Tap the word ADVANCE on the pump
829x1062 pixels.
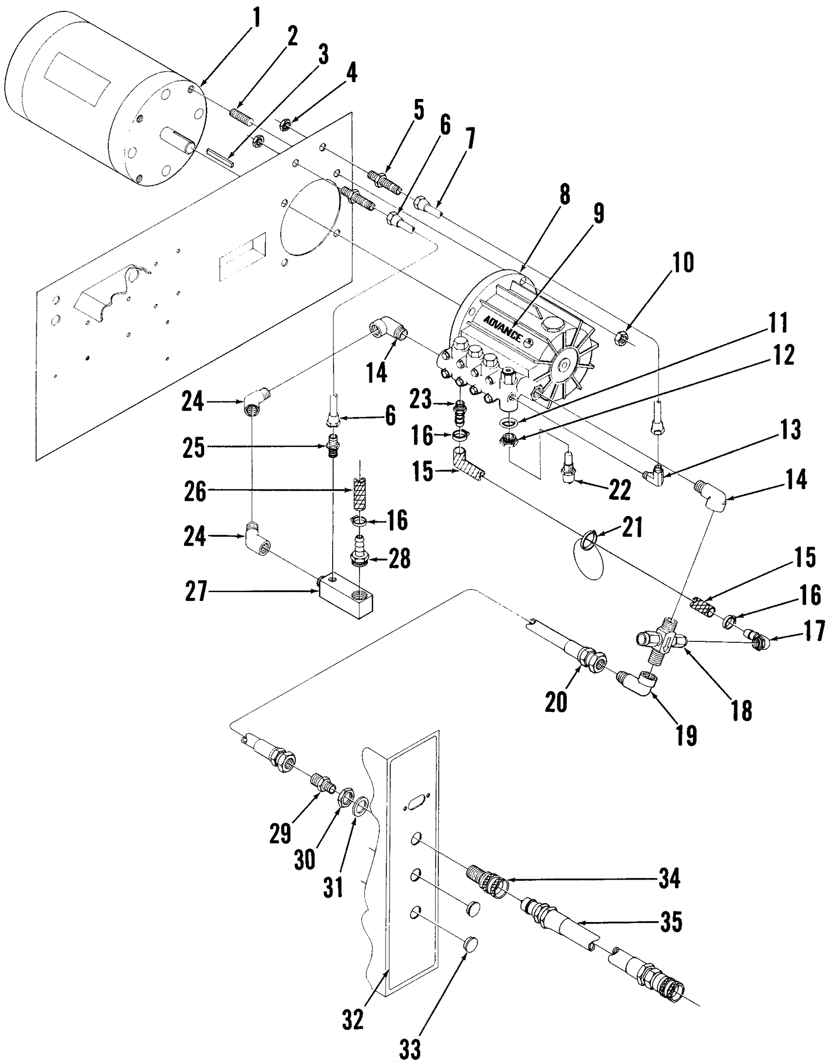click(503, 328)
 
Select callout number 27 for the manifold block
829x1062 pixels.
click(196, 592)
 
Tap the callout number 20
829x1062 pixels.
click(556, 702)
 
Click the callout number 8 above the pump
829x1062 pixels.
click(565, 195)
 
